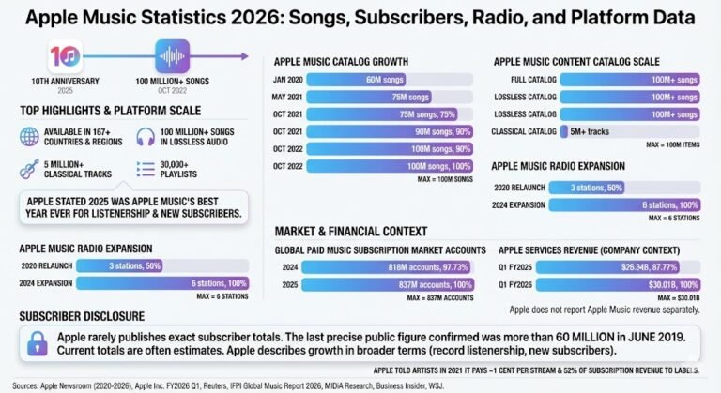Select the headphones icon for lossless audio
[144, 136]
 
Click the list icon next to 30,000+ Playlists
[144, 169]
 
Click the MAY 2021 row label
[289, 98]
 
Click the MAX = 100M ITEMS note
[671, 146]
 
